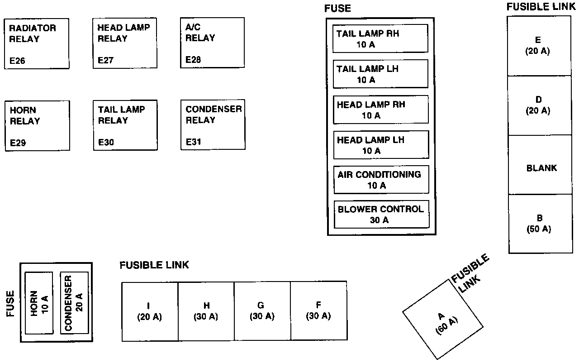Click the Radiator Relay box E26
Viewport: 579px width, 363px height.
pos(37,43)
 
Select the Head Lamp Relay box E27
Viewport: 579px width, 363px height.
pos(125,43)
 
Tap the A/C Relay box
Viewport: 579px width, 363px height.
pos(212,43)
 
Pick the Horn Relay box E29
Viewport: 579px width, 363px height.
pos(38,126)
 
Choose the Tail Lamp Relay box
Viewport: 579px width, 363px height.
pos(125,125)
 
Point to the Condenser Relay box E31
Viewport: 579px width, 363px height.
pos(213,125)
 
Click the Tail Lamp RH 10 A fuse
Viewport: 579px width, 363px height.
pos(380,39)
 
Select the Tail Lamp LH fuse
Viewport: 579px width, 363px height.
pos(380,74)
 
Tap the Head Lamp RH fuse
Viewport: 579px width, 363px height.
pos(381,110)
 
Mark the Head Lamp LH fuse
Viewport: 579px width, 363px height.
pos(381,145)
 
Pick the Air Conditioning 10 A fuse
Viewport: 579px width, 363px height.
pos(381,180)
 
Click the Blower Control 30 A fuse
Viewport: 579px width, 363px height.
pos(381,215)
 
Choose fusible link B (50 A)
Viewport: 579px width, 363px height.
pos(540,224)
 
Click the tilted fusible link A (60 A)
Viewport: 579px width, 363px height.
pos(442,320)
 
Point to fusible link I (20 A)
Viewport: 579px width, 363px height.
pos(150,311)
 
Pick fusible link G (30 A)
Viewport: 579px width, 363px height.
pos(262,311)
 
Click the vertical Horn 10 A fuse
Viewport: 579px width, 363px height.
pos(39,303)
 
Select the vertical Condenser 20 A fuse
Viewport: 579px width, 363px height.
pos(74,303)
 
